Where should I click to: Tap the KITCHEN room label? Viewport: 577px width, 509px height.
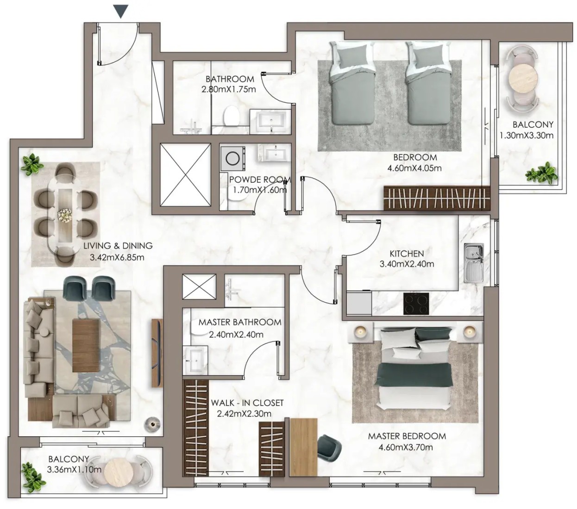(x=407, y=254)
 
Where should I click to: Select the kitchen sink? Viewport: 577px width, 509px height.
(x=473, y=263)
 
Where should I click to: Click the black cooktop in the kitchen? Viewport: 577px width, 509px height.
(x=416, y=304)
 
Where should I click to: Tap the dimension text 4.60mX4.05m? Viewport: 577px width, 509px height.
(x=414, y=168)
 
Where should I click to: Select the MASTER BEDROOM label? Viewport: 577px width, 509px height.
(x=407, y=436)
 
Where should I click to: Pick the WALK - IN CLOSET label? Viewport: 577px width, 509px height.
(x=247, y=403)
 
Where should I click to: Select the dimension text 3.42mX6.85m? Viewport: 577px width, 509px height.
(x=117, y=257)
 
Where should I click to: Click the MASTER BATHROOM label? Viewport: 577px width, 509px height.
(x=240, y=322)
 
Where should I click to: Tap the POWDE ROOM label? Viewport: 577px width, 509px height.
(x=260, y=180)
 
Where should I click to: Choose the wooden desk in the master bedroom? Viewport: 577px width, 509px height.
(x=304, y=447)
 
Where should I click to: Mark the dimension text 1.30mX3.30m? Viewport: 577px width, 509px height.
(x=527, y=135)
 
